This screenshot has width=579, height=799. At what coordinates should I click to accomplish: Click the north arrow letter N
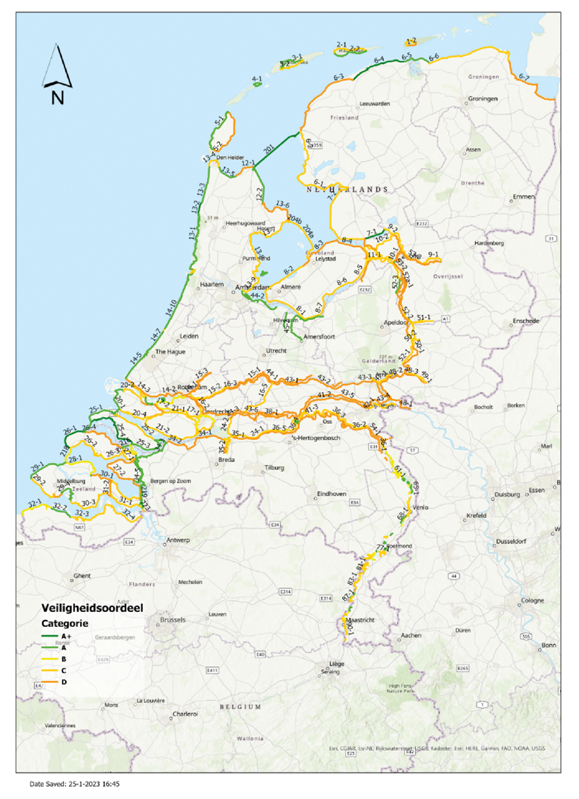57,98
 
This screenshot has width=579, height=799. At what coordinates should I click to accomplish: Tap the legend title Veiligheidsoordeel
92,608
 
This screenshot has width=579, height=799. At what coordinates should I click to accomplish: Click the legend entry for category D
64,682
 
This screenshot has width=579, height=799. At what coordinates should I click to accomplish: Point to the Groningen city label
482,98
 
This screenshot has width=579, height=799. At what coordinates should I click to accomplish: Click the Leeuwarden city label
375,104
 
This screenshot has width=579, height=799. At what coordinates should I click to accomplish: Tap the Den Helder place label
230,157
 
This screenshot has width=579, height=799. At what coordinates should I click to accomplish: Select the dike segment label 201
269,150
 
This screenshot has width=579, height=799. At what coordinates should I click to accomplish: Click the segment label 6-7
524,77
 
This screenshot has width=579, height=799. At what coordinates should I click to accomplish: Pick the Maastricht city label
360,620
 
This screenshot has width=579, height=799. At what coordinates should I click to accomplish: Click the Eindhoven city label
332,493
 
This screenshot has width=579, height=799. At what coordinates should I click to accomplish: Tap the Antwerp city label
178,540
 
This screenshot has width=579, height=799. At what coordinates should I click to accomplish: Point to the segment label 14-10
171,308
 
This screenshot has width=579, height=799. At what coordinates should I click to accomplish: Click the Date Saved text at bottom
74,783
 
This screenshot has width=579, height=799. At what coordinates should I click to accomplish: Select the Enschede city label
526,321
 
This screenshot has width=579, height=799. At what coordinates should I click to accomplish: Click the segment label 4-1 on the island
257,79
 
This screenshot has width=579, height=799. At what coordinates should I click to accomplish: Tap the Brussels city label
172,620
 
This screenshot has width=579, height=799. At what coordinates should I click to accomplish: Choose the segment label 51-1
424,317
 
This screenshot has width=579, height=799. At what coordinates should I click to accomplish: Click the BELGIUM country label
240,707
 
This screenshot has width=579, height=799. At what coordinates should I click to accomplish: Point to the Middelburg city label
71,481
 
